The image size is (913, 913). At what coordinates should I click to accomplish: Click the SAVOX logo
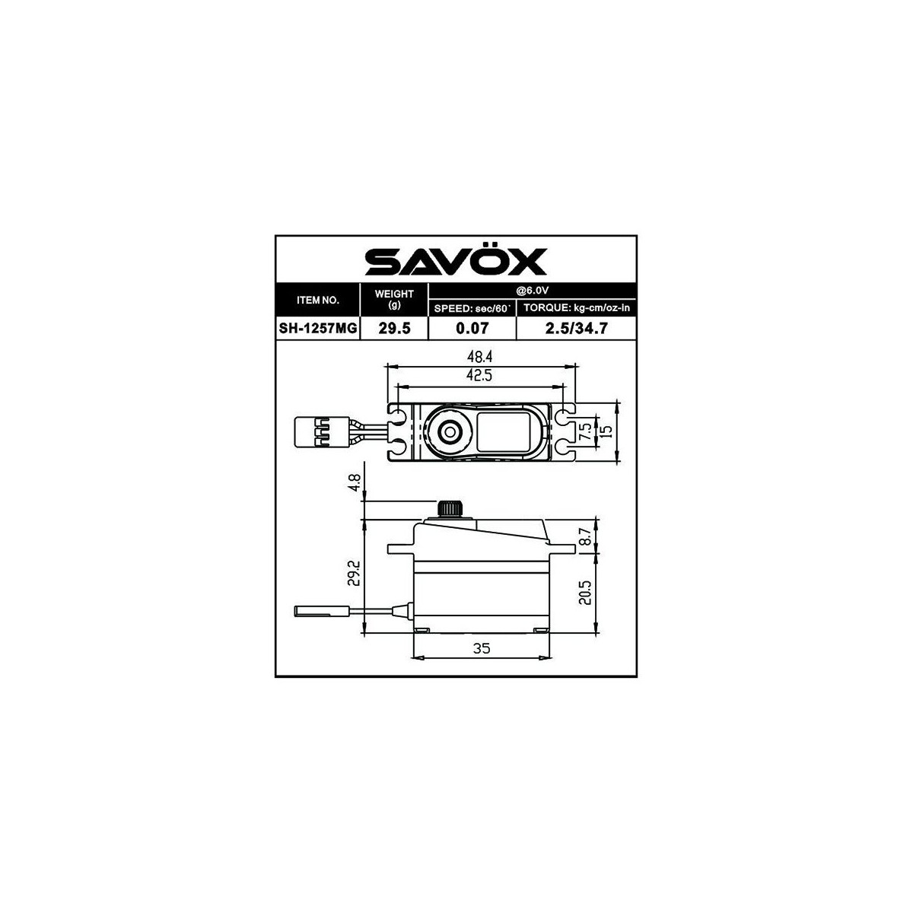(x=456, y=260)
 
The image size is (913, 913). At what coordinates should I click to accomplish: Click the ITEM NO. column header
(x=318, y=300)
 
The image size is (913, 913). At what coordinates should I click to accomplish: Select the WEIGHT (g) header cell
(x=395, y=299)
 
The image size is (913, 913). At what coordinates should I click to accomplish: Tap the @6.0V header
(x=533, y=291)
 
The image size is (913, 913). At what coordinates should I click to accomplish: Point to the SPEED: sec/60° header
(x=472, y=308)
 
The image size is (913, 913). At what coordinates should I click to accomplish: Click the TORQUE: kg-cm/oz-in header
(x=576, y=308)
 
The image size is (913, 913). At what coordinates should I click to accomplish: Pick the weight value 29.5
(x=395, y=328)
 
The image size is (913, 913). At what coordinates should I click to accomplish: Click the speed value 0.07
(x=472, y=328)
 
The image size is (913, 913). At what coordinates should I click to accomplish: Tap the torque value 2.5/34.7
(x=576, y=328)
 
